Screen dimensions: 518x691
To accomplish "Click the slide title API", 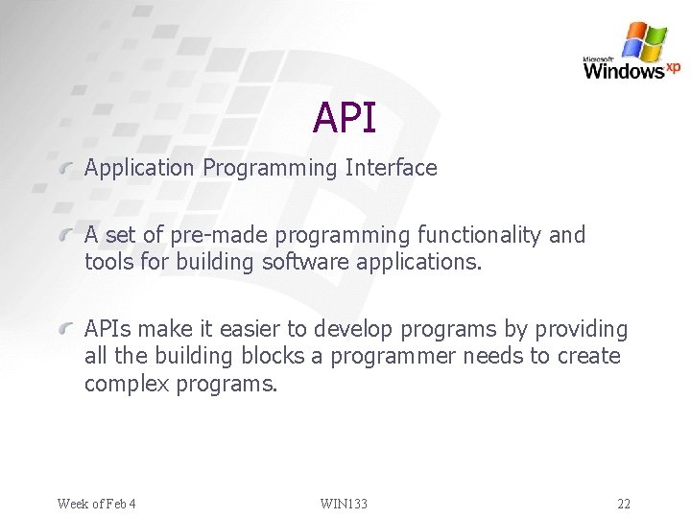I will click(x=345, y=118).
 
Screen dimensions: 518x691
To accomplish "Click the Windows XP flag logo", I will click(x=644, y=41).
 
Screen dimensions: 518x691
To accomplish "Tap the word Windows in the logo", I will click(x=624, y=70).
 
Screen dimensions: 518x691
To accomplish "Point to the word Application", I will click(x=139, y=168).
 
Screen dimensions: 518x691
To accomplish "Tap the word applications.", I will click(x=426, y=262).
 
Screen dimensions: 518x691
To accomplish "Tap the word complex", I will click(x=125, y=385).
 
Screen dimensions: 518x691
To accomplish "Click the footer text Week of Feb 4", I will click(x=96, y=504).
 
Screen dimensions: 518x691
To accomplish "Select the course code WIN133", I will click(x=344, y=504).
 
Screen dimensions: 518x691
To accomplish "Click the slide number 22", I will click(x=624, y=504).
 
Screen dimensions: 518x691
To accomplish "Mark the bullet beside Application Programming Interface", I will click(x=65, y=169).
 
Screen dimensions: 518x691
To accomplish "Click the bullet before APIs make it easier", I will click(x=65, y=330).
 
